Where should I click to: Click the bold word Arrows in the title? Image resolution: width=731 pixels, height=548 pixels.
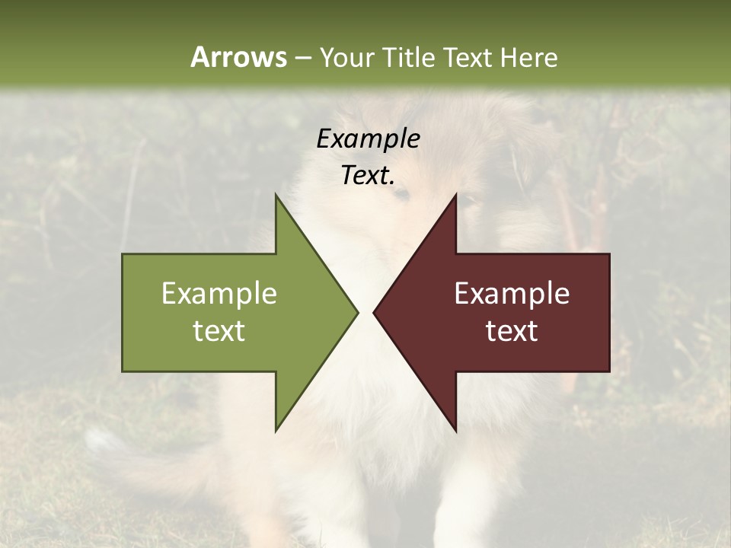238,57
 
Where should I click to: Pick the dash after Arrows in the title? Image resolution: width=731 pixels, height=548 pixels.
302,58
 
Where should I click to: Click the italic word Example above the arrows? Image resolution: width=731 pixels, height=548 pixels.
368,139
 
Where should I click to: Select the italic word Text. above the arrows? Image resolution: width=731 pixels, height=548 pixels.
368,176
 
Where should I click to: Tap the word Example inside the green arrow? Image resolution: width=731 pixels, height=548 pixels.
219,294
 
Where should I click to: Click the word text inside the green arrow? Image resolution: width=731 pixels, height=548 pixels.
219,330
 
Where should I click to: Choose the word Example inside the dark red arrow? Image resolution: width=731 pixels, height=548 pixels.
512,294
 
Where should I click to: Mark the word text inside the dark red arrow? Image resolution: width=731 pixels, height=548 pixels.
512,330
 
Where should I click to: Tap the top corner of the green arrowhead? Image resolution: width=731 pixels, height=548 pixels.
276,196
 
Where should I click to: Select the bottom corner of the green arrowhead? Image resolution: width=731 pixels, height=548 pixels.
276,429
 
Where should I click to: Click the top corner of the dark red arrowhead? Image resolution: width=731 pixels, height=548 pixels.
455,196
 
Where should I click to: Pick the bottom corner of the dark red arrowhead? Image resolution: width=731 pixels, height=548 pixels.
455,429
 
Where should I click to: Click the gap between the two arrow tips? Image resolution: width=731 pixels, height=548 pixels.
365,312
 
